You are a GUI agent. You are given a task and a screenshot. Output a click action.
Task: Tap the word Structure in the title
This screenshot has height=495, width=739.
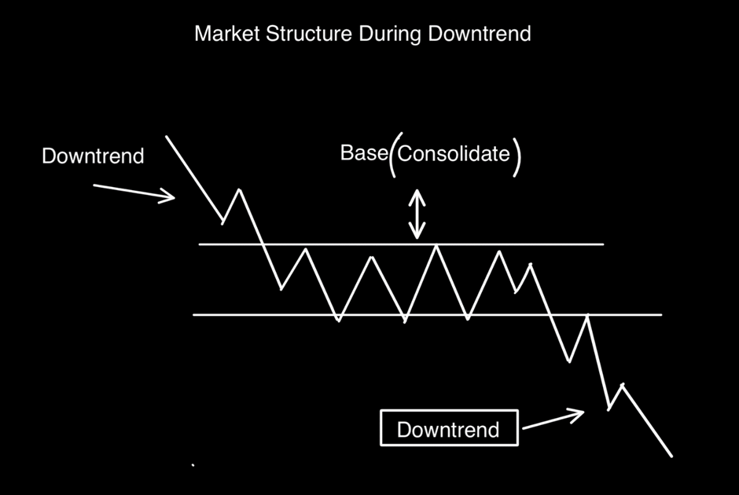(309, 34)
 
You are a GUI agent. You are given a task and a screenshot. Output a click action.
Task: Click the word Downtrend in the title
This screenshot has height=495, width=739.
(480, 34)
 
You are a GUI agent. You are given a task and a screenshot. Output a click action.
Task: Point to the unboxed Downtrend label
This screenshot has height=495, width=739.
(93, 156)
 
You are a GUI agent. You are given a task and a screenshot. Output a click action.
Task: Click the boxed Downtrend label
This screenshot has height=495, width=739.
(448, 430)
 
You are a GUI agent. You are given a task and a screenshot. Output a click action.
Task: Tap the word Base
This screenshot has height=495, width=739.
(364, 153)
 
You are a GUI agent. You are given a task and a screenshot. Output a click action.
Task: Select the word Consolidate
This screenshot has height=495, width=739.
(454, 153)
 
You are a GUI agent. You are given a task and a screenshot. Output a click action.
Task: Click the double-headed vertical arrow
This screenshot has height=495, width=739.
(417, 214)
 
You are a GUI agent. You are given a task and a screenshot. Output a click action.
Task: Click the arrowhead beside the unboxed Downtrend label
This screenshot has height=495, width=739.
(169, 196)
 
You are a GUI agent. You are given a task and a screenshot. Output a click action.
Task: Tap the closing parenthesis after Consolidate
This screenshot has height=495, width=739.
(517, 157)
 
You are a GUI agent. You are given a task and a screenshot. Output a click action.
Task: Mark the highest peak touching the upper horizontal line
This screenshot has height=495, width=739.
(436, 245)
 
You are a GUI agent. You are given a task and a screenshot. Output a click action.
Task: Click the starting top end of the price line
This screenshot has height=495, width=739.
(166, 136)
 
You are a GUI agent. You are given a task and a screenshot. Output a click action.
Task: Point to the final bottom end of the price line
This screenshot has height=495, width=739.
(671, 456)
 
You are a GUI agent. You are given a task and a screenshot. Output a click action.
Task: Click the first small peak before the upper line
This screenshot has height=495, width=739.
(240, 189)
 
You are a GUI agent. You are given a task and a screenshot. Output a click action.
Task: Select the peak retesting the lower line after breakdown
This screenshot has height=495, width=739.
(588, 315)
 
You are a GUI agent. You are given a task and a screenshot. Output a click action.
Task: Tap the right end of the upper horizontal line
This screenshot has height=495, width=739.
(603, 244)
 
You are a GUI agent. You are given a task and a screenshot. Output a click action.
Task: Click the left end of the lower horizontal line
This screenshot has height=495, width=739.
(193, 314)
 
